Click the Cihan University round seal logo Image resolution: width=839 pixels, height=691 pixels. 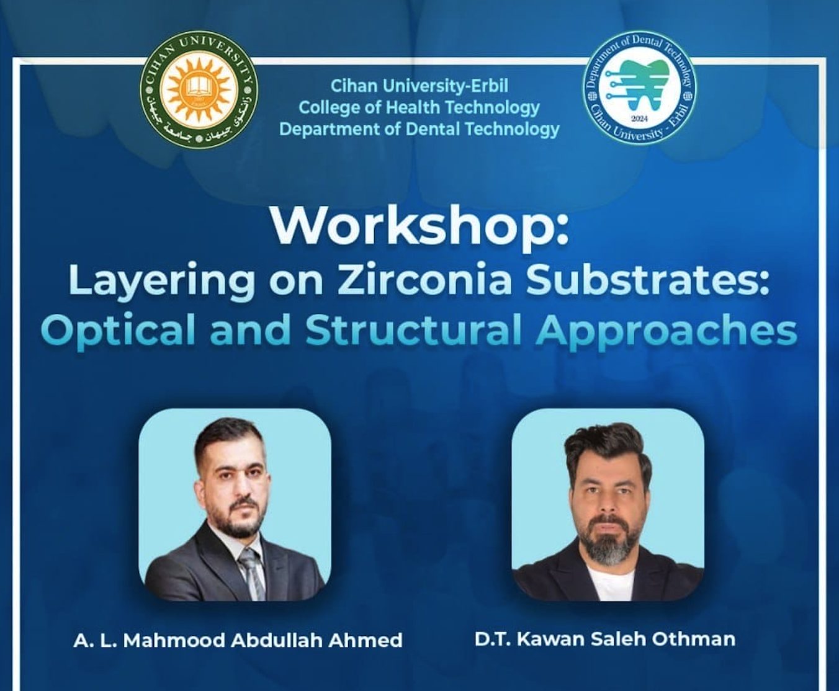[199, 89]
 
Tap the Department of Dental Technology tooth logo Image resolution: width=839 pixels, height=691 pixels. [640, 87]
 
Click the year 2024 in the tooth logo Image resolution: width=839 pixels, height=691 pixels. [640, 119]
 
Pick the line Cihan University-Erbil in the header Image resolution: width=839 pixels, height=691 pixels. [419, 86]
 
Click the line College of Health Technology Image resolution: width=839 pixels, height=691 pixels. [419, 108]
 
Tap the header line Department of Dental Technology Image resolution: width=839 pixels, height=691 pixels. [419, 130]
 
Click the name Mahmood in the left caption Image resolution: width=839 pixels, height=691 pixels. [174, 640]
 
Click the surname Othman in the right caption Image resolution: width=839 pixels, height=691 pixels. [693, 639]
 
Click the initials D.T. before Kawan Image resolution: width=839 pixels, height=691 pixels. [492, 639]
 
